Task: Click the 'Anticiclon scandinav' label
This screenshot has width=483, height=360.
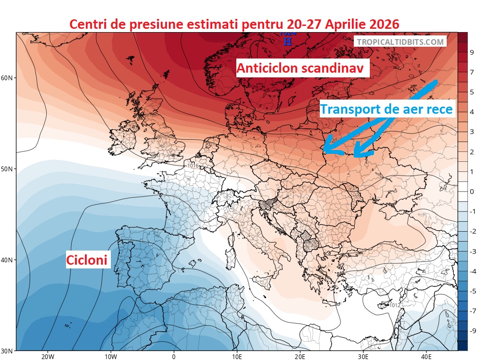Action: coord(300,68)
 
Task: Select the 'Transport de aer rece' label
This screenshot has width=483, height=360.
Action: coord(386,109)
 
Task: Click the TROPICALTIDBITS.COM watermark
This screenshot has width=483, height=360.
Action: coord(400,42)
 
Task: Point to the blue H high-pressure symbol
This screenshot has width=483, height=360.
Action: coord(288,41)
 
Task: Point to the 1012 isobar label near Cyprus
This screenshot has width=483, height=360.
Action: coord(395,305)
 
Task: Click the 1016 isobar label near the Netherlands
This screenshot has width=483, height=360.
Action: coord(192,166)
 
